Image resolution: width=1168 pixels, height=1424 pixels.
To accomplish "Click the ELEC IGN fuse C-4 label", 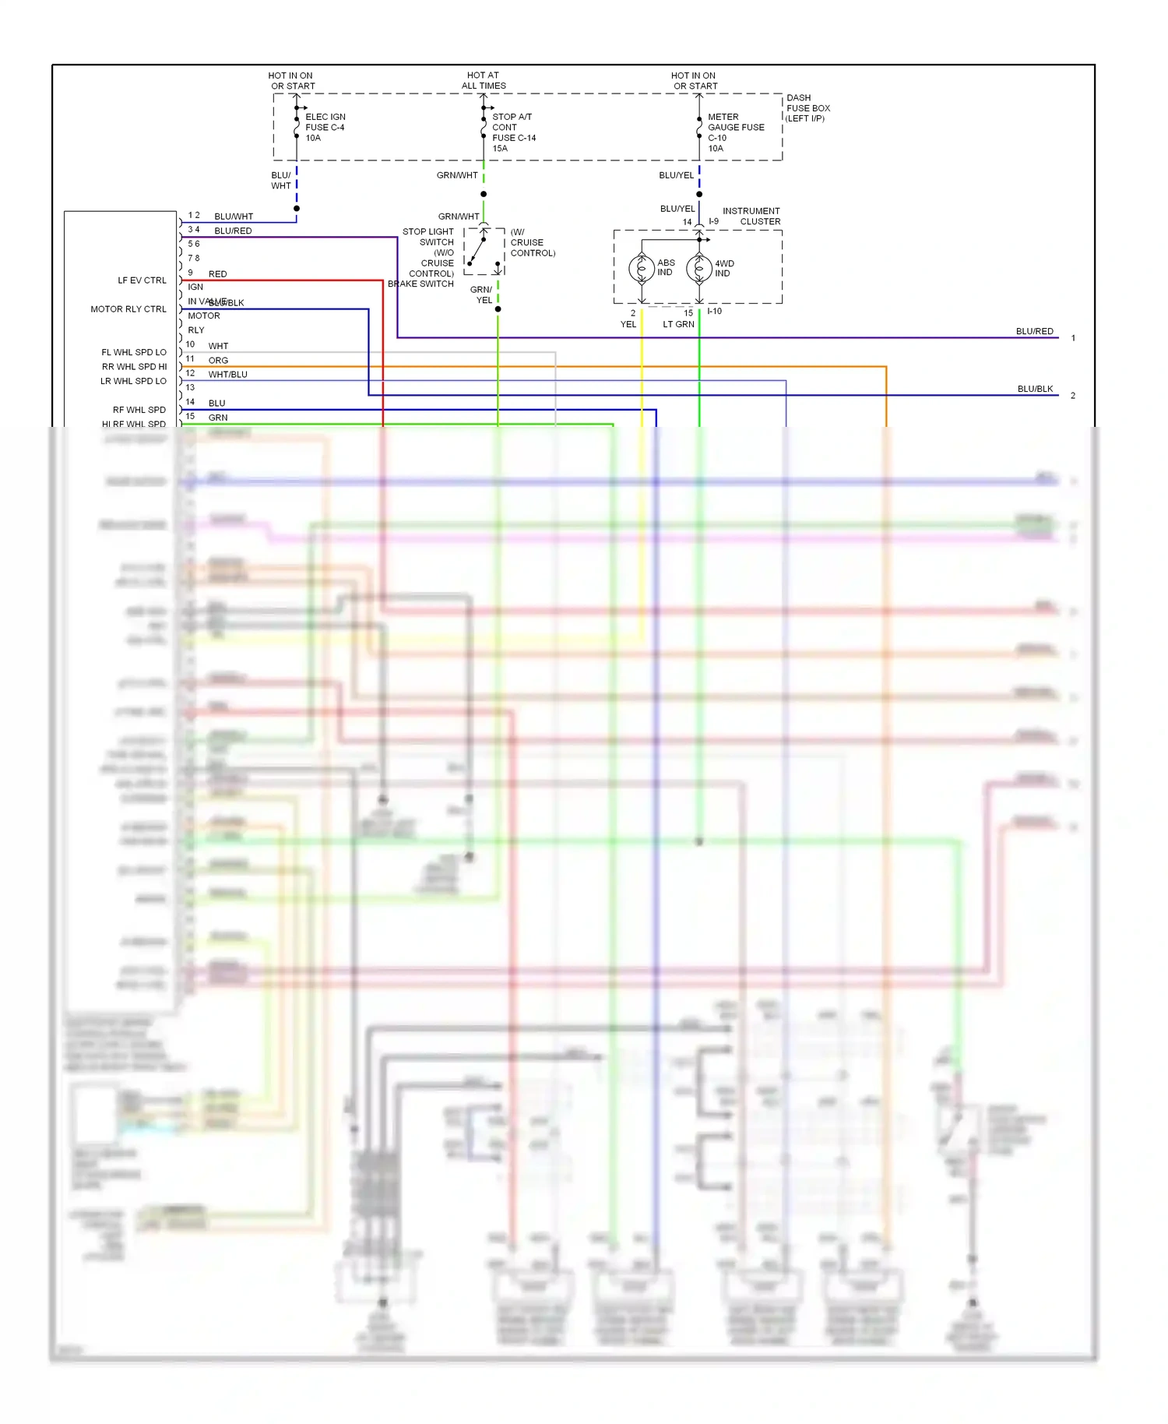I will click(325, 127).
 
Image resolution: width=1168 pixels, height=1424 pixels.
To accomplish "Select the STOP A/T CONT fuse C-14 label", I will click(513, 132).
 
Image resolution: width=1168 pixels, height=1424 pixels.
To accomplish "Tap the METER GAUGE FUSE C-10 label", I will click(735, 132).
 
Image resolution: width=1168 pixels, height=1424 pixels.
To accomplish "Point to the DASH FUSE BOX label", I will click(807, 108).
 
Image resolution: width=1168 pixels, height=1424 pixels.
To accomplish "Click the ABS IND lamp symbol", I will click(642, 269).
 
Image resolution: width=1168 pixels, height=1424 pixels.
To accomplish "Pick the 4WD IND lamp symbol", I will click(699, 269).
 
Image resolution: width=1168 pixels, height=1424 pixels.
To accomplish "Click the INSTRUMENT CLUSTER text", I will click(751, 217).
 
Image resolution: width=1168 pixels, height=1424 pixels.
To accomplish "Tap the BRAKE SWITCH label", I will click(420, 284).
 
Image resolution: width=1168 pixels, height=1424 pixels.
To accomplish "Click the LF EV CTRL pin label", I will click(142, 280).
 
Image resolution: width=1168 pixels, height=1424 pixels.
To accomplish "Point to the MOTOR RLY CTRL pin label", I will click(128, 309).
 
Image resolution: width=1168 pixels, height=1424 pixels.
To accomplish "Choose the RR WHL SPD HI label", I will click(134, 367).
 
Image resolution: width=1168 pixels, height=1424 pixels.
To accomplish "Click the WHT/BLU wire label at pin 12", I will click(227, 375).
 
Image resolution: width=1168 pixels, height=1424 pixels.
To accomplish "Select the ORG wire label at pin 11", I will click(218, 361).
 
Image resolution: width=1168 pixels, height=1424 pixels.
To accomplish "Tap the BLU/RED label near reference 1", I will click(1034, 332).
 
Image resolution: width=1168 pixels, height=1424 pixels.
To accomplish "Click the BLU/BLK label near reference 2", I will click(1035, 389).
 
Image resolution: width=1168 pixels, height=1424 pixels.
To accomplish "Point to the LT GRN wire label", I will click(678, 325).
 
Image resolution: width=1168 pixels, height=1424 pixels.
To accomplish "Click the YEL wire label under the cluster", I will click(628, 325).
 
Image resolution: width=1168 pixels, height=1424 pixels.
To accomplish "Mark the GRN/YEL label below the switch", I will click(482, 295).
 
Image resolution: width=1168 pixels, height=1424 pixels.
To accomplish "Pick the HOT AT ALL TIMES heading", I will click(484, 81).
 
